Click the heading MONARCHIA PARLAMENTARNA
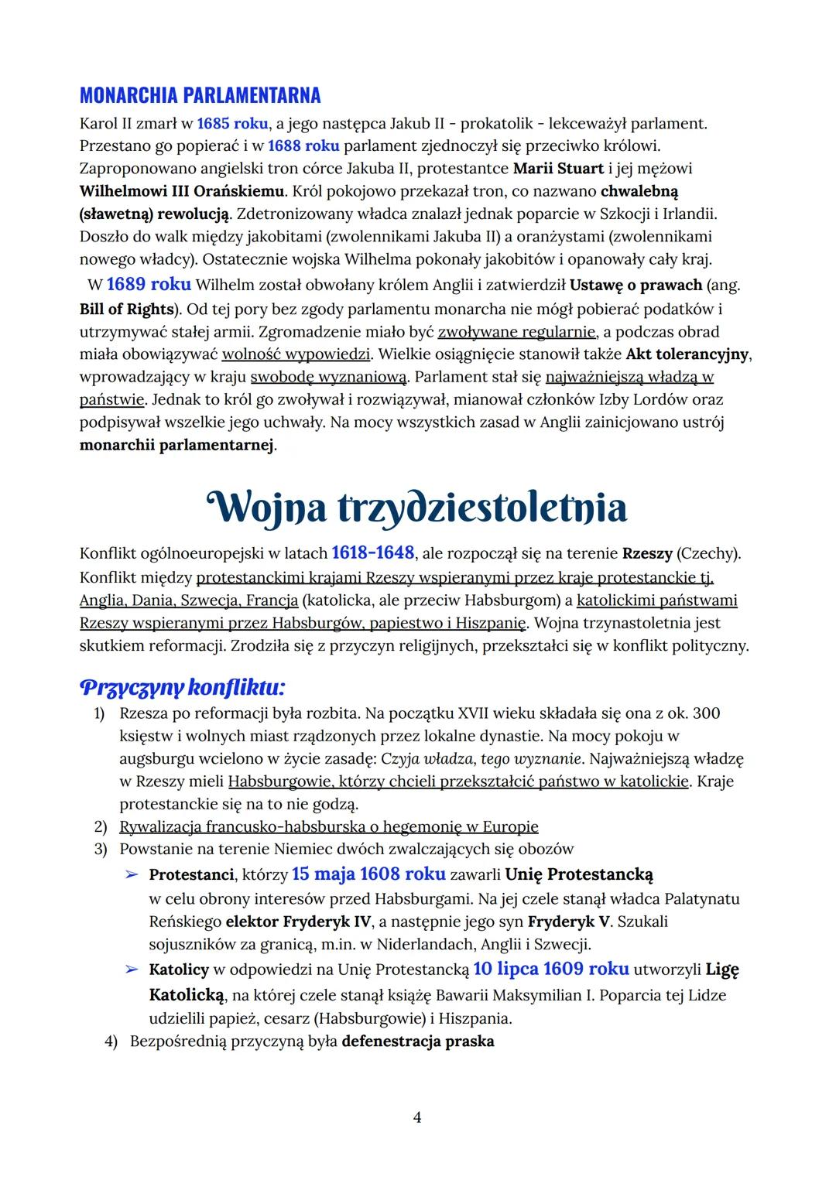[200, 96]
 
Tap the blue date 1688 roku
[303, 145]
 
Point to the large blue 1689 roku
[149, 285]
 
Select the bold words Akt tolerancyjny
[688, 354]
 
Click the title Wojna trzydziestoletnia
[417, 508]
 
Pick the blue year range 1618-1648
[373, 553]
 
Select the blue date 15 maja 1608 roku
[368, 874]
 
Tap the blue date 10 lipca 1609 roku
[551, 970]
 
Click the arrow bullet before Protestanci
[132, 875]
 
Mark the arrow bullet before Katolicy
[132, 970]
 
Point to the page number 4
[417, 1117]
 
